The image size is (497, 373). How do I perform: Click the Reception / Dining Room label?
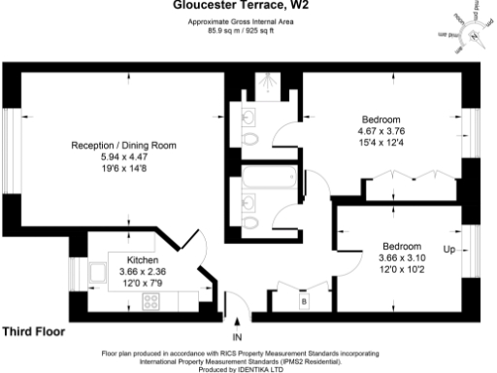(123, 145)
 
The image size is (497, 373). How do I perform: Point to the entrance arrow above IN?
(238, 322)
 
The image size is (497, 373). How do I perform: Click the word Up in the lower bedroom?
(448, 250)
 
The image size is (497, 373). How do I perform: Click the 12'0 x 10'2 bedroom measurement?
(401, 269)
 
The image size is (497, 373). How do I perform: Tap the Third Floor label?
(34, 331)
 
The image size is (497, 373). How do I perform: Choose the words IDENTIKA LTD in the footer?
(264, 367)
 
